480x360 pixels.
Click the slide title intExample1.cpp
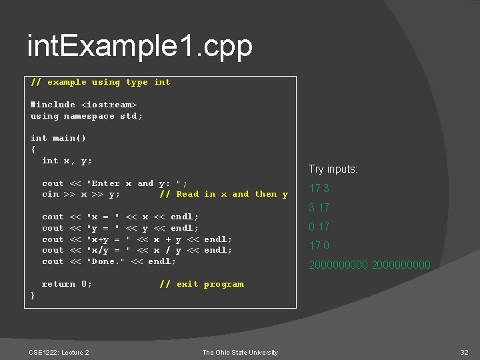pos(140,47)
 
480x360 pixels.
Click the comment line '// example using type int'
pos(100,82)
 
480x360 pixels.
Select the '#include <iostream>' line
pos(83,105)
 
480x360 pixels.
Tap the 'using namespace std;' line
pos(87,116)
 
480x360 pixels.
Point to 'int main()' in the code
pos(58,138)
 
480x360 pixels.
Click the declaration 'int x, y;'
pos(67,161)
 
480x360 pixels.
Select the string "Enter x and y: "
pos(137,183)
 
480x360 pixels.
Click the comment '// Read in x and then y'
pos(223,195)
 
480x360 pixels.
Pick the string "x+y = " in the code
pos(108,239)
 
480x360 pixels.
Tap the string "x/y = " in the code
pos(108,251)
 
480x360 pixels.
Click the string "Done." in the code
pos(106,262)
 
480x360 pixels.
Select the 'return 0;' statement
pos(67,284)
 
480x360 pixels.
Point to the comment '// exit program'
pos(201,284)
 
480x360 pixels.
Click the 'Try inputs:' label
pos(333,169)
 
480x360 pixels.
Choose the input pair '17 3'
pos(319,189)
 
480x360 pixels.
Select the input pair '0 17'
pos(319,227)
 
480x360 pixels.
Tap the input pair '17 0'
pos(319,246)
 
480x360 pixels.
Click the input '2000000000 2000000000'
pos(369,265)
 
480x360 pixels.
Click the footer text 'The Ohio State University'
pos(240,352)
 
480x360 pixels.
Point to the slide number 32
pos(464,352)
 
